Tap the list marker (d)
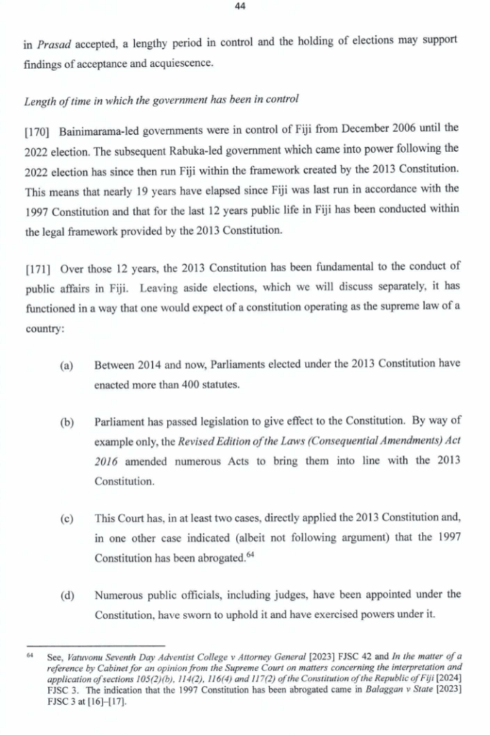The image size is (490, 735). [67, 594]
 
